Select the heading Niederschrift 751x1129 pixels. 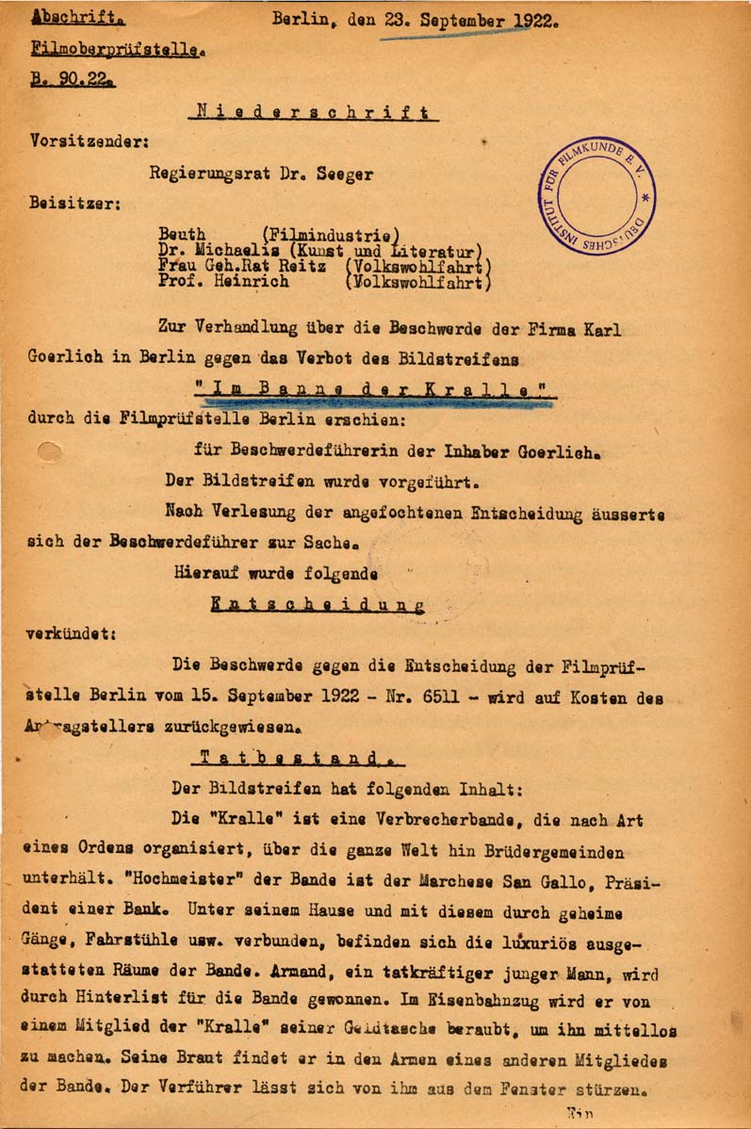point(314,112)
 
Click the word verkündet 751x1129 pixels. point(70,635)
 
